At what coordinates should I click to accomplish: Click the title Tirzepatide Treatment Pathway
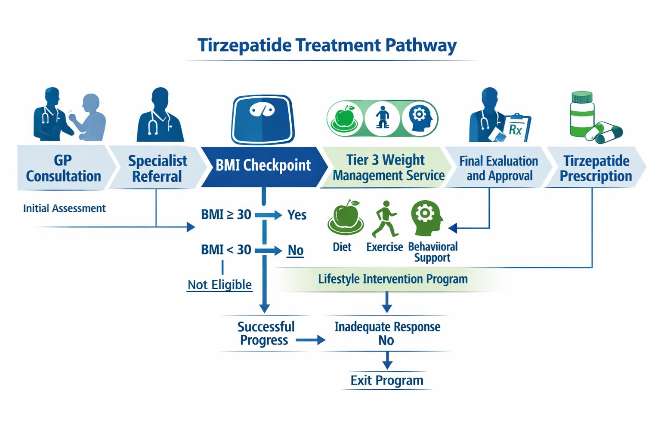point(327,45)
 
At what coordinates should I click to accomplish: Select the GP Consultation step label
point(63,168)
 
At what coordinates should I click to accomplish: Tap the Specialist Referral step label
point(158,168)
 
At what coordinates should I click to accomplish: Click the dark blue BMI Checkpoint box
point(263,165)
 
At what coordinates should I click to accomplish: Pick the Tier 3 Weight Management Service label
point(388,168)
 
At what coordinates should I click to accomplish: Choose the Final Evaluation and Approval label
point(499,168)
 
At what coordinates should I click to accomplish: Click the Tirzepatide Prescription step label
point(596,168)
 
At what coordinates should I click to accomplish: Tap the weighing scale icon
point(263,119)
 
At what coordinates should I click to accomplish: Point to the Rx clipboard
point(516,128)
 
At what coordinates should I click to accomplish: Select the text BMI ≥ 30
point(226,214)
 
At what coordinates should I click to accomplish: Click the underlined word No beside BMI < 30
point(296,250)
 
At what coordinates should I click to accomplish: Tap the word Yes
point(297,215)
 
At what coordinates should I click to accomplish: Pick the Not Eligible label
point(219,285)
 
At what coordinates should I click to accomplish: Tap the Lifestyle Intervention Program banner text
point(392,279)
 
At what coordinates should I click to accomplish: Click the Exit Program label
point(387,381)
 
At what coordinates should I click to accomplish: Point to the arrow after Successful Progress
point(310,340)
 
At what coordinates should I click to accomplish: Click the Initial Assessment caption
point(64,208)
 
